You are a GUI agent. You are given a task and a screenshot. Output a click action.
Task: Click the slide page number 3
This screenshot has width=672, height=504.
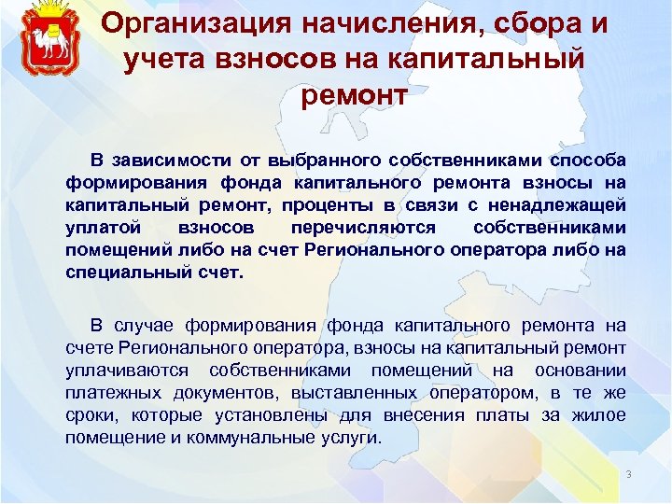pyautogui.click(x=629, y=475)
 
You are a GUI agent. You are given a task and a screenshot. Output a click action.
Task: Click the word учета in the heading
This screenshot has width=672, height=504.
pyautogui.click(x=166, y=58)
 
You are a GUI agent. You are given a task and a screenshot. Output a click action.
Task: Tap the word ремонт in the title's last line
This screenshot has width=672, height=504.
pyautogui.click(x=354, y=93)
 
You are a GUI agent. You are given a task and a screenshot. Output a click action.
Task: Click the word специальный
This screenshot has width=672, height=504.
pyautogui.click(x=121, y=272)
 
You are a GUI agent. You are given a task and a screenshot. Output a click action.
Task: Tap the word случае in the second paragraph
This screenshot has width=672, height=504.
pyautogui.click(x=146, y=325)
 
